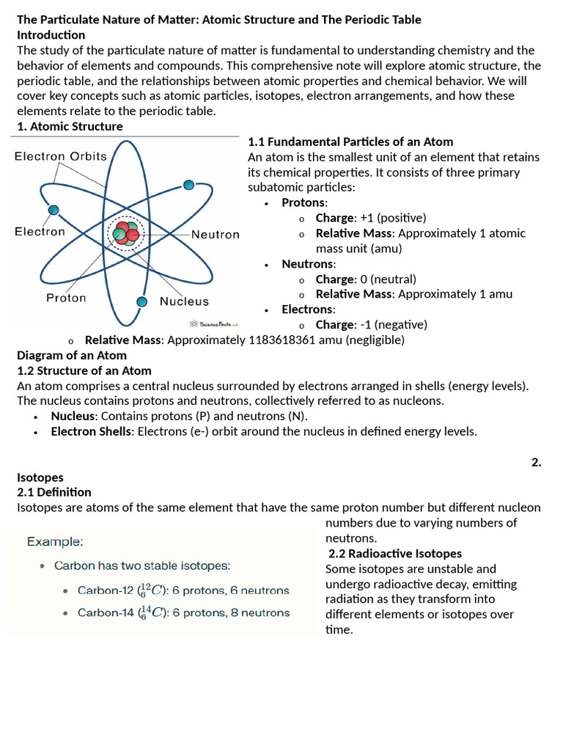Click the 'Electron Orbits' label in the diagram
pyautogui.click(x=61, y=156)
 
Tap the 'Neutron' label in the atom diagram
pyautogui.click(x=216, y=235)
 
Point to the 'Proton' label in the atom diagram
pyautogui.click(x=66, y=298)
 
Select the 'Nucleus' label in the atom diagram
pyautogui.click(x=184, y=301)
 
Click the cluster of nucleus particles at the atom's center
pyautogui.click(x=125, y=233)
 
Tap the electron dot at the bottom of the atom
pyautogui.click(x=142, y=301)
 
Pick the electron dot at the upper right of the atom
pyautogui.click(x=188, y=185)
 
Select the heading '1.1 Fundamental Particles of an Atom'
pyautogui.click(x=350, y=142)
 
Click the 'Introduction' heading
pyautogui.click(x=51, y=35)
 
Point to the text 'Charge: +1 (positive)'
pyautogui.click(x=370, y=218)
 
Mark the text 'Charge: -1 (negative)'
pyautogui.click(x=371, y=324)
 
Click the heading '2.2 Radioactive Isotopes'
pyautogui.click(x=394, y=553)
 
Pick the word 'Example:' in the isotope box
pyautogui.click(x=55, y=542)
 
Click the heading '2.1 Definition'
pyautogui.click(x=54, y=492)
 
